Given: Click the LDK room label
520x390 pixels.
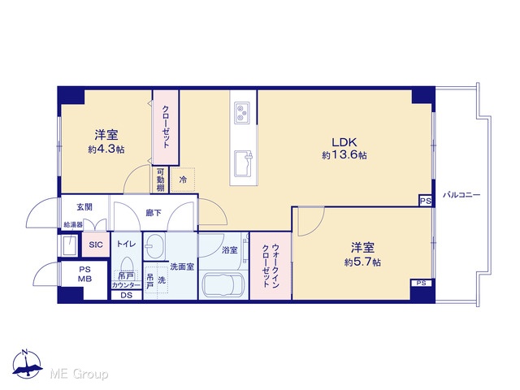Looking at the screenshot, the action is pyautogui.click(x=344, y=143).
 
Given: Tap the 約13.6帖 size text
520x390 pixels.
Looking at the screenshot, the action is pyautogui.click(x=344, y=155).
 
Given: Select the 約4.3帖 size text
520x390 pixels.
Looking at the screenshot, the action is pyautogui.click(x=106, y=149).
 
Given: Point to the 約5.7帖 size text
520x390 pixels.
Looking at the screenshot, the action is pyautogui.click(x=362, y=262).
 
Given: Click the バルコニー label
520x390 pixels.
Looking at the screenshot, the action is pyautogui.click(x=461, y=195).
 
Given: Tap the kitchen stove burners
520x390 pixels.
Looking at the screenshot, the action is pyautogui.click(x=242, y=112).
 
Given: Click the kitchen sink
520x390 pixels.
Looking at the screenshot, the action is pyautogui.click(x=244, y=164).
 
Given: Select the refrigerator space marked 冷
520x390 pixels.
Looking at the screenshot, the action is pyautogui.click(x=183, y=180).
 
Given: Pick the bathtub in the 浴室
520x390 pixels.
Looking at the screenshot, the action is pyautogui.click(x=223, y=285).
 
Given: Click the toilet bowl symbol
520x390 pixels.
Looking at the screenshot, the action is pyautogui.click(x=127, y=264).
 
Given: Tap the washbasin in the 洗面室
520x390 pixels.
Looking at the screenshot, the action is pyautogui.click(x=155, y=246).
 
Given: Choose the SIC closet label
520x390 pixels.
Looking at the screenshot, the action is pyautogui.click(x=96, y=245).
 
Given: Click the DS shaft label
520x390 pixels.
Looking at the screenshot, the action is pyautogui.click(x=127, y=295).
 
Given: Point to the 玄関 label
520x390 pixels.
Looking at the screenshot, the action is pyautogui.click(x=84, y=207).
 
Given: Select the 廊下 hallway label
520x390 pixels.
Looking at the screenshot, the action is pyautogui.click(x=154, y=213).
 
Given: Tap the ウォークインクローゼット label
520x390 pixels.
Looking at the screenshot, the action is pyautogui.click(x=271, y=266).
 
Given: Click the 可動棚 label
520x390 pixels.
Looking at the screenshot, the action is pyautogui.click(x=161, y=180).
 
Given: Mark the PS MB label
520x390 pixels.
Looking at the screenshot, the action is pyautogui.click(x=84, y=275).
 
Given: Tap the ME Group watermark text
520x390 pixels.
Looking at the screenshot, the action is pyautogui.click(x=79, y=374).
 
